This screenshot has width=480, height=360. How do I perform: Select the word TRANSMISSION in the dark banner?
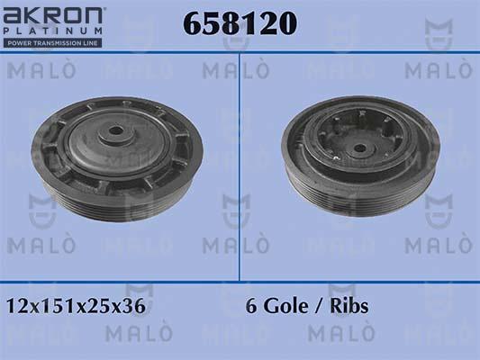(x=60, y=42)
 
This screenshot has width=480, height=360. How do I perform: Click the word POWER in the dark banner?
(x=21, y=42)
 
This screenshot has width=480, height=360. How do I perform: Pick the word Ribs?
(x=348, y=306)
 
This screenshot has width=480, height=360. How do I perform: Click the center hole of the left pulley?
(x=115, y=132)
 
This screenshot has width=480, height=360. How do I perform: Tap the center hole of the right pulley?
(x=360, y=148)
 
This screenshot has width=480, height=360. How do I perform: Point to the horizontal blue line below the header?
(x=240, y=52)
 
